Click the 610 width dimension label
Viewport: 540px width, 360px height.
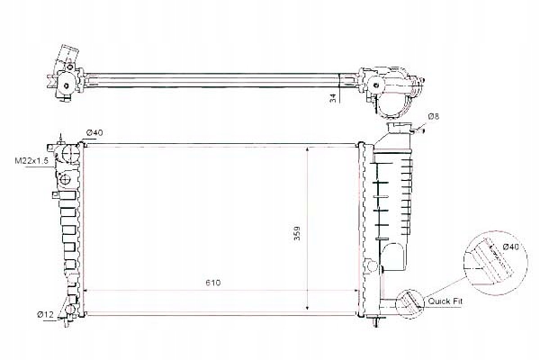coord(211,283)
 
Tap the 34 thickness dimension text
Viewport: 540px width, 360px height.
coord(333,97)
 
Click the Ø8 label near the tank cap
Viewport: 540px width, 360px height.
coord(432,116)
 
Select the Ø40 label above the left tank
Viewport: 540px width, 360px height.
coord(94,133)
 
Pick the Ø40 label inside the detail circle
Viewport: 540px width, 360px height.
coord(509,246)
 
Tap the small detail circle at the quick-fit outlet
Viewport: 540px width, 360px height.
coord(409,302)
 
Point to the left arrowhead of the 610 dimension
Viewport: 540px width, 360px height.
coord(85,292)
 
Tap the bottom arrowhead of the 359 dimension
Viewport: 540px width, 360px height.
coord(310,307)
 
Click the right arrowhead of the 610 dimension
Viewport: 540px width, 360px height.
coord(357,292)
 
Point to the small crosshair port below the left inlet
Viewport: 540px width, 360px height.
coord(66,193)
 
